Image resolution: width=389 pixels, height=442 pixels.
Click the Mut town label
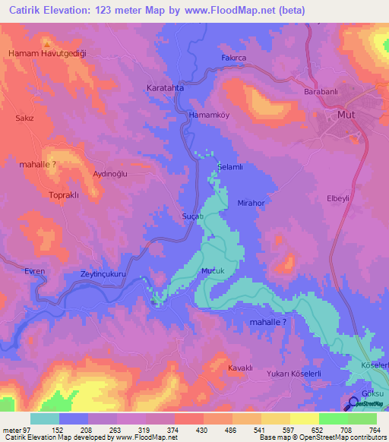click(x=346, y=116)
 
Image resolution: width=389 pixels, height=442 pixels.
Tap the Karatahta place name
click(x=165, y=88)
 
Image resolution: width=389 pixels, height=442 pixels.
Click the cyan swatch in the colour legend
click(x=44, y=418)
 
